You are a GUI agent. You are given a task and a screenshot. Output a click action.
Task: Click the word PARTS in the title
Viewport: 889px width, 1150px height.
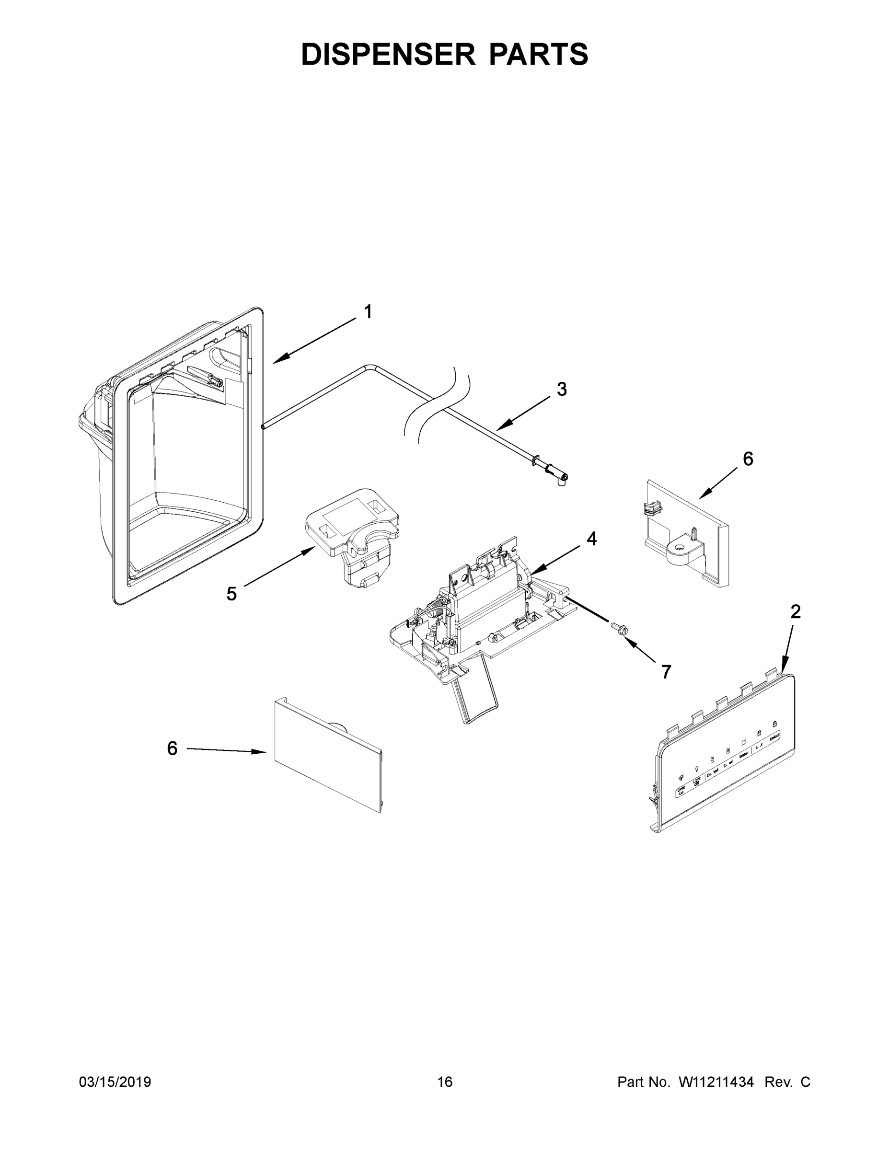tap(538, 54)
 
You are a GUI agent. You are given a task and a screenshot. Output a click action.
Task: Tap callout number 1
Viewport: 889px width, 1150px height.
tap(368, 312)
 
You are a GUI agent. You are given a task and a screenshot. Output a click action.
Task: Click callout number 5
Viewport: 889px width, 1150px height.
tap(232, 594)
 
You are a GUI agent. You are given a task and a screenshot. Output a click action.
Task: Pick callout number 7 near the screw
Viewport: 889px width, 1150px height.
tap(666, 671)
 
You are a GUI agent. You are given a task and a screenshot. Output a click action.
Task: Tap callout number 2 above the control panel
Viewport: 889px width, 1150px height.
tap(795, 611)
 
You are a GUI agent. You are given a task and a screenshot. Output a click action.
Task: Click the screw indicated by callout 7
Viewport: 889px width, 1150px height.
tap(617, 628)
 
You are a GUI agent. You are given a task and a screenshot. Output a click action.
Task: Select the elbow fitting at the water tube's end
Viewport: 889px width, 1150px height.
tap(561, 479)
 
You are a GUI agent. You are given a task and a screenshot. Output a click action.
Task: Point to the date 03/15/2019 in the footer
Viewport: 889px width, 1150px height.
tap(115, 1081)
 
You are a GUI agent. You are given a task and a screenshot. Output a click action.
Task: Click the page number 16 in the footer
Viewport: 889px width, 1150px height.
tap(445, 1081)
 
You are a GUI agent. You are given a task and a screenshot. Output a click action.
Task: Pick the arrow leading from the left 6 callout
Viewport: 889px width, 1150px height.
tap(227, 750)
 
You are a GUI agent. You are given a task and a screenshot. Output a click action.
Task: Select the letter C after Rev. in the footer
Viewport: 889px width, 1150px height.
tap(805, 1081)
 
